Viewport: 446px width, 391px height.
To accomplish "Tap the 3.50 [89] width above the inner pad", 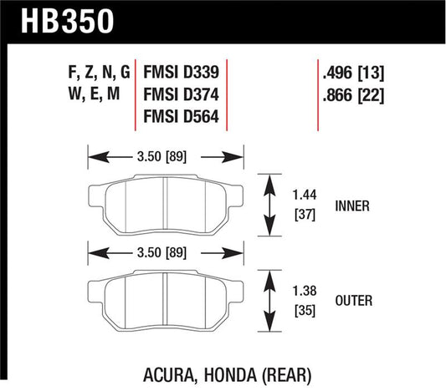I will pyautogui.click(x=166, y=155).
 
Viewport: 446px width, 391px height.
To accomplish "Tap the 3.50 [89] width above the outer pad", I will pyautogui.click(x=166, y=251).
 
